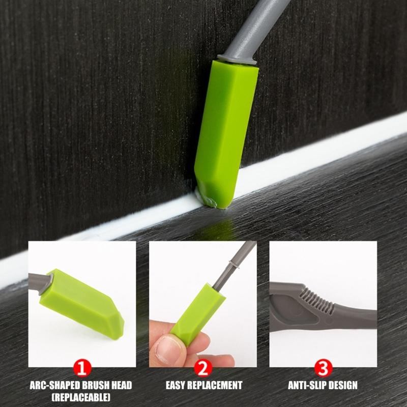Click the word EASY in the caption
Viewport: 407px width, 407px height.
click(x=177, y=386)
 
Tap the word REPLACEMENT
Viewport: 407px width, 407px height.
click(x=216, y=386)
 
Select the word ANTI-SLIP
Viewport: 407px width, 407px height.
click(x=306, y=386)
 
